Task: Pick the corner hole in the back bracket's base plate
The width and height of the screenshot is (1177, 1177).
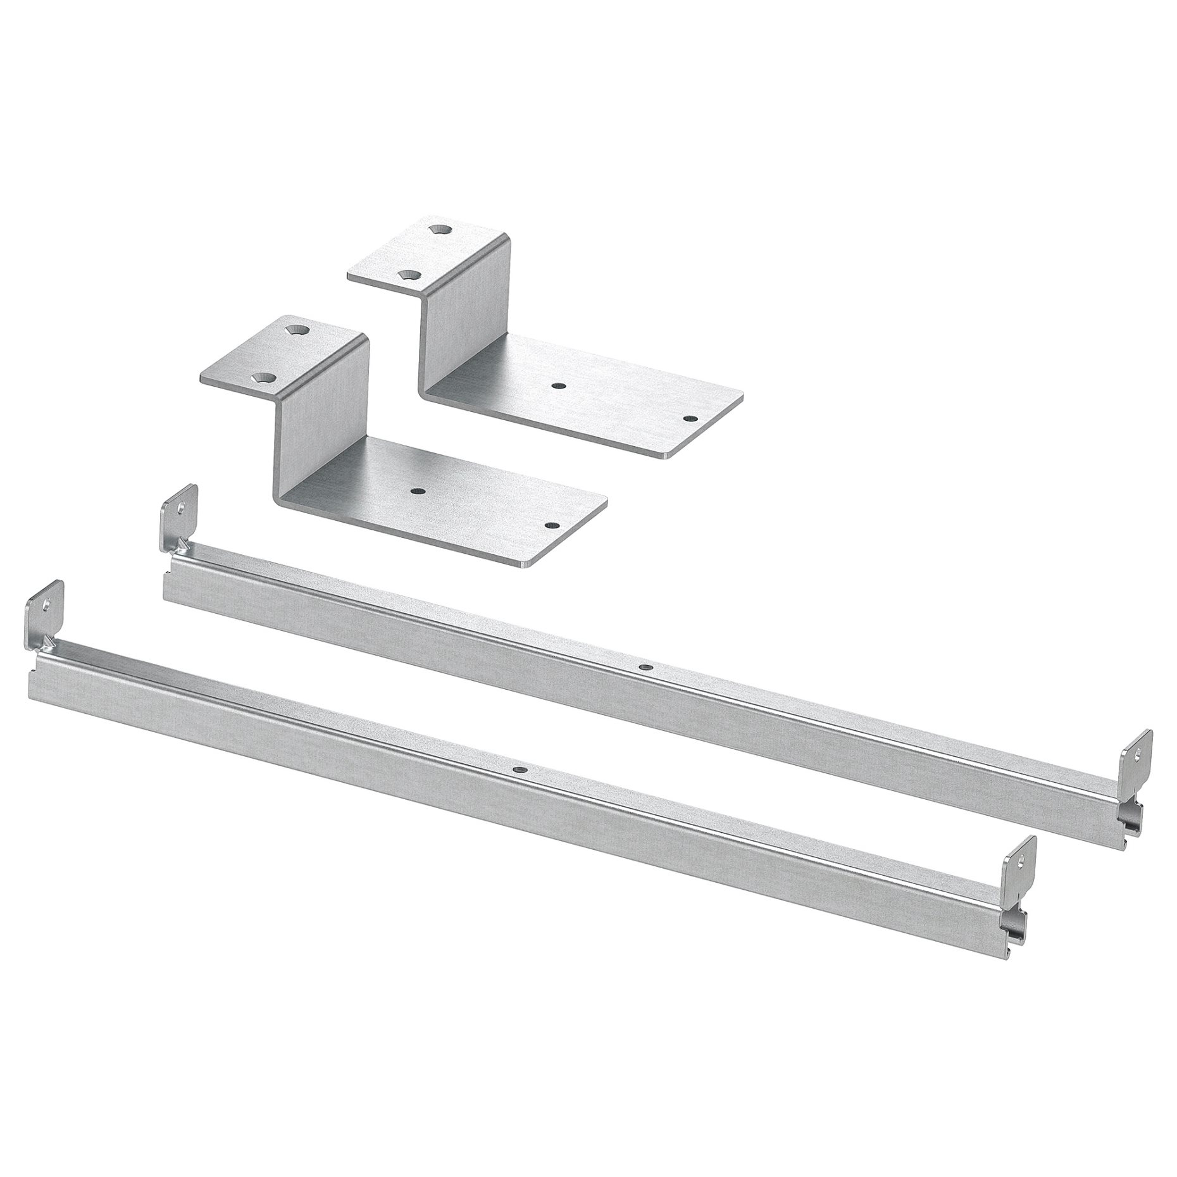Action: pos(690,418)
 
